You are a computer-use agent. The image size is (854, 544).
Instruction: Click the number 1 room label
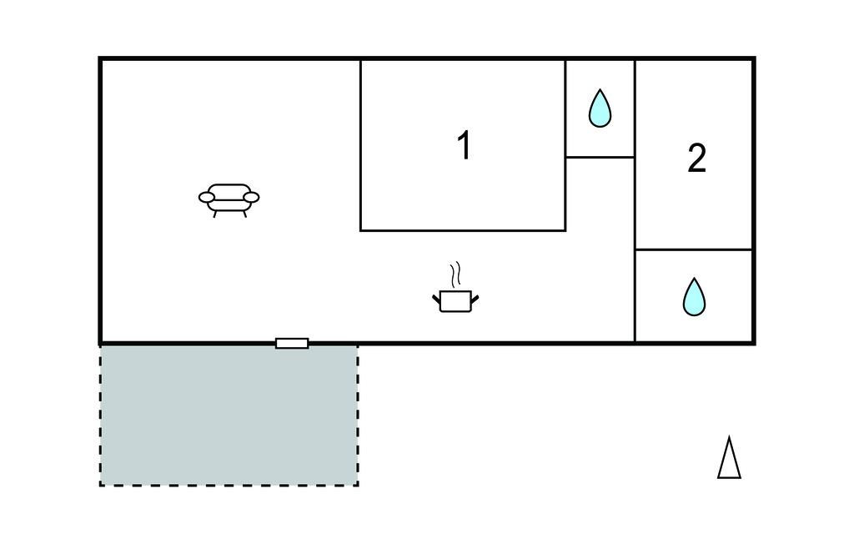464,145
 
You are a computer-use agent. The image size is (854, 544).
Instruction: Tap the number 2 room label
697,158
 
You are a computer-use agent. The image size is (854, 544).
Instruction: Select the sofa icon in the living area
229,200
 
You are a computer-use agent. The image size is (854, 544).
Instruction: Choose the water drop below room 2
695,297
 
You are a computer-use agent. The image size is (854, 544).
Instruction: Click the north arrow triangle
729,457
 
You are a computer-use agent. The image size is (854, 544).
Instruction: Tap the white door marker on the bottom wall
292,344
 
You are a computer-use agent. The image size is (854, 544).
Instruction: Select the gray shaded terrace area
229,415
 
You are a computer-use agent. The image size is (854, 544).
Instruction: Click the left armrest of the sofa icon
207,197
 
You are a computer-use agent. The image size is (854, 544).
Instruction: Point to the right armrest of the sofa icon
251,197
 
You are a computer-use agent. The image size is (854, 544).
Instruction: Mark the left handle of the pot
436,300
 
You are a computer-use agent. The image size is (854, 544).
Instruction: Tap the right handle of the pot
475,300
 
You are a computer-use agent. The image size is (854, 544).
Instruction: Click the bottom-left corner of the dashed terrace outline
101,485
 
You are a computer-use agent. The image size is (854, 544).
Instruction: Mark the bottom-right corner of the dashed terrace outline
358,485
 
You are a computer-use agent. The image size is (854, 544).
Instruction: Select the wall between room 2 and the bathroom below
694,249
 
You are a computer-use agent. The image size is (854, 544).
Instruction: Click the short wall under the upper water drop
600,158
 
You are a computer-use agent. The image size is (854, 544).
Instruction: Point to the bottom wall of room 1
463,230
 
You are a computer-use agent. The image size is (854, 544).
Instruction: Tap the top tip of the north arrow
729,436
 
